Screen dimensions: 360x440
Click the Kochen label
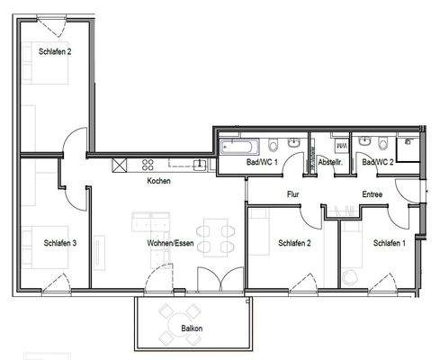[159, 181]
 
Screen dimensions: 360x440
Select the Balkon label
[190, 328]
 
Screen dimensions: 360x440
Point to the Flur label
[292, 193]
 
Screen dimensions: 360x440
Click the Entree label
[373, 193]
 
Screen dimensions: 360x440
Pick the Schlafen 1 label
[390, 243]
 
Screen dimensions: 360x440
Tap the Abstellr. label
[330, 162]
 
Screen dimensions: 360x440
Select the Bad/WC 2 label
[377, 162]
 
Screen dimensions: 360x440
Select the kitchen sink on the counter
[197, 164]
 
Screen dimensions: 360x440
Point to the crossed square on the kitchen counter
[119, 164]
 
